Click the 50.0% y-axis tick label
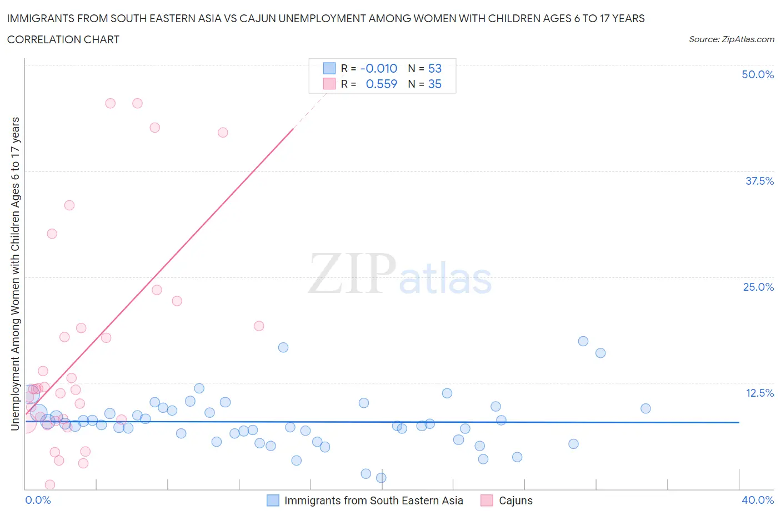pyautogui.click(x=757, y=74)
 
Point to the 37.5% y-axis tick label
pyautogui.click(x=759, y=181)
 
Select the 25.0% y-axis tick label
pyautogui.click(x=758, y=287)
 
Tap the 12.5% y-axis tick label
pyautogui.click(x=759, y=393)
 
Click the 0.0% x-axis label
pyautogui.click(x=38, y=500)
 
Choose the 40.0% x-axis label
pyautogui.click(x=758, y=500)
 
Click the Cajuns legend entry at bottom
pyautogui.click(x=515, y=500)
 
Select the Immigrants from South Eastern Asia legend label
pyautogui.click(x=373, y=500)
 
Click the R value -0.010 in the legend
pyautogui.click(x=378, y=68)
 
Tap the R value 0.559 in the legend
pyautogui.click(x=381, y=84)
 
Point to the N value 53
pyautogui.click(x=434, y=68)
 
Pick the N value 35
pyautogui.click(x=434, y=84)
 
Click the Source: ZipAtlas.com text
pyautogui.click(x=731, y=39)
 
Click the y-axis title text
pyautogui.click(x=15, y=274)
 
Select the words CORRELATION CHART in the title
pyautogui.click(x=63, y=39)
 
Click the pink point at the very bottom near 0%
pyautogui.click(x=49, y=485)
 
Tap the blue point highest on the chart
pyautogui.click(x=583, y=341)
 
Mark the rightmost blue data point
pyautogui.click(x=645, y=408)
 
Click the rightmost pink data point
pyautogui.click(x=258, y=326)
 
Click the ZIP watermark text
pyautogui.click(x=352, y=274)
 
